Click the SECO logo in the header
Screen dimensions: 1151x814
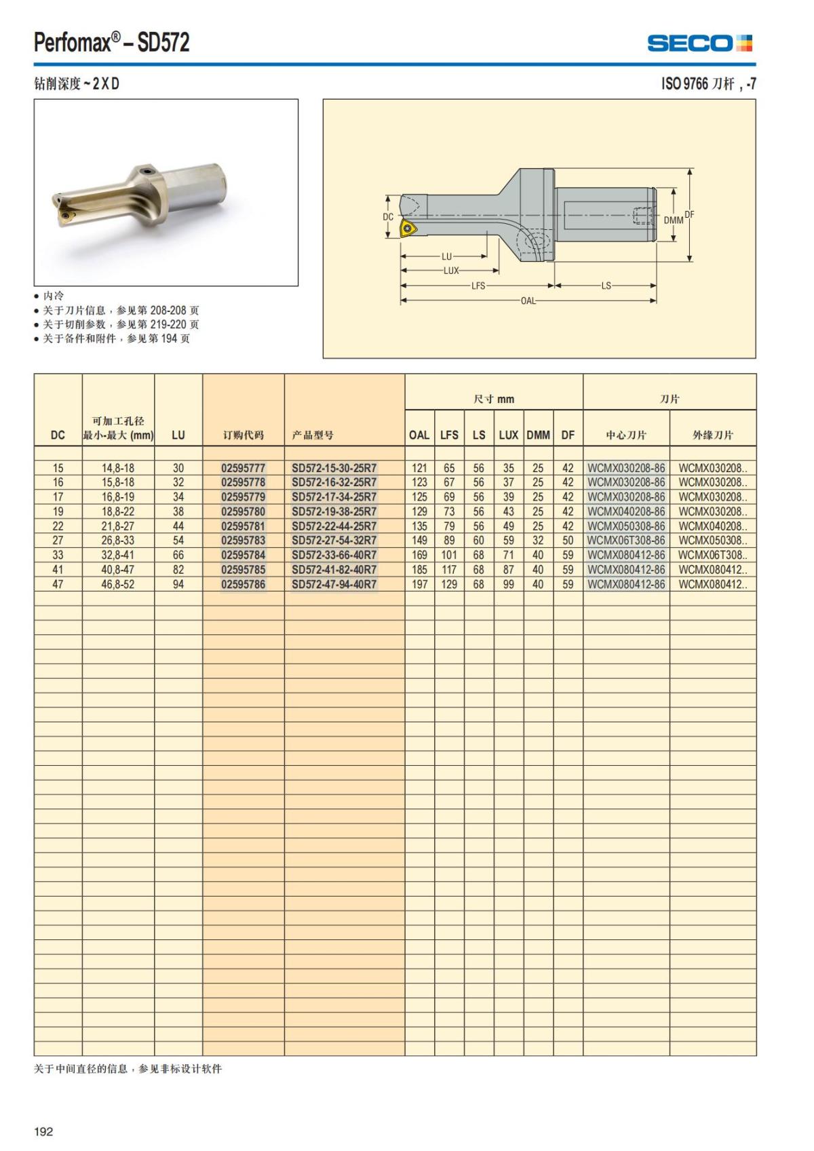(x=699, y=43)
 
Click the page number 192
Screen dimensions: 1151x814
(x=43, y=1131)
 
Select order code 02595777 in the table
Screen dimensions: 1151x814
(x=243, y=468)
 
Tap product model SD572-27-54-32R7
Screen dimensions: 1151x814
(x=334, y=541)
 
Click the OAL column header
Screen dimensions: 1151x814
(x=419, y=435)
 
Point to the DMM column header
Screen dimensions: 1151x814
(x=538, y=435)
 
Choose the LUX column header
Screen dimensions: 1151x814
(x=508, y=435)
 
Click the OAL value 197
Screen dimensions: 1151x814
(x=419, y=584)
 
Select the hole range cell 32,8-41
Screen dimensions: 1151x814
(x=118, y=555)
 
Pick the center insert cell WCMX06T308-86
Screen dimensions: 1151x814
(x=626, y=541)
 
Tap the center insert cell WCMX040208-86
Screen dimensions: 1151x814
(x=626, y=511)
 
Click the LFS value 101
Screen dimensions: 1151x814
(x=449, y=555)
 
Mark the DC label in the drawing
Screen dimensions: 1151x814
(x=388, y=217)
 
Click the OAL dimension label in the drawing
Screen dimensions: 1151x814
(x=528, y=300)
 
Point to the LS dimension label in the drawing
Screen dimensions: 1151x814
(x=606, y=286)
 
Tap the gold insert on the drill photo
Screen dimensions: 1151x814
(x=66, y=217)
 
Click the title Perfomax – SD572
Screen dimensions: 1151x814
(x=112, y=43)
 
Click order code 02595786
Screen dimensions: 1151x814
(x=243, y=584)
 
